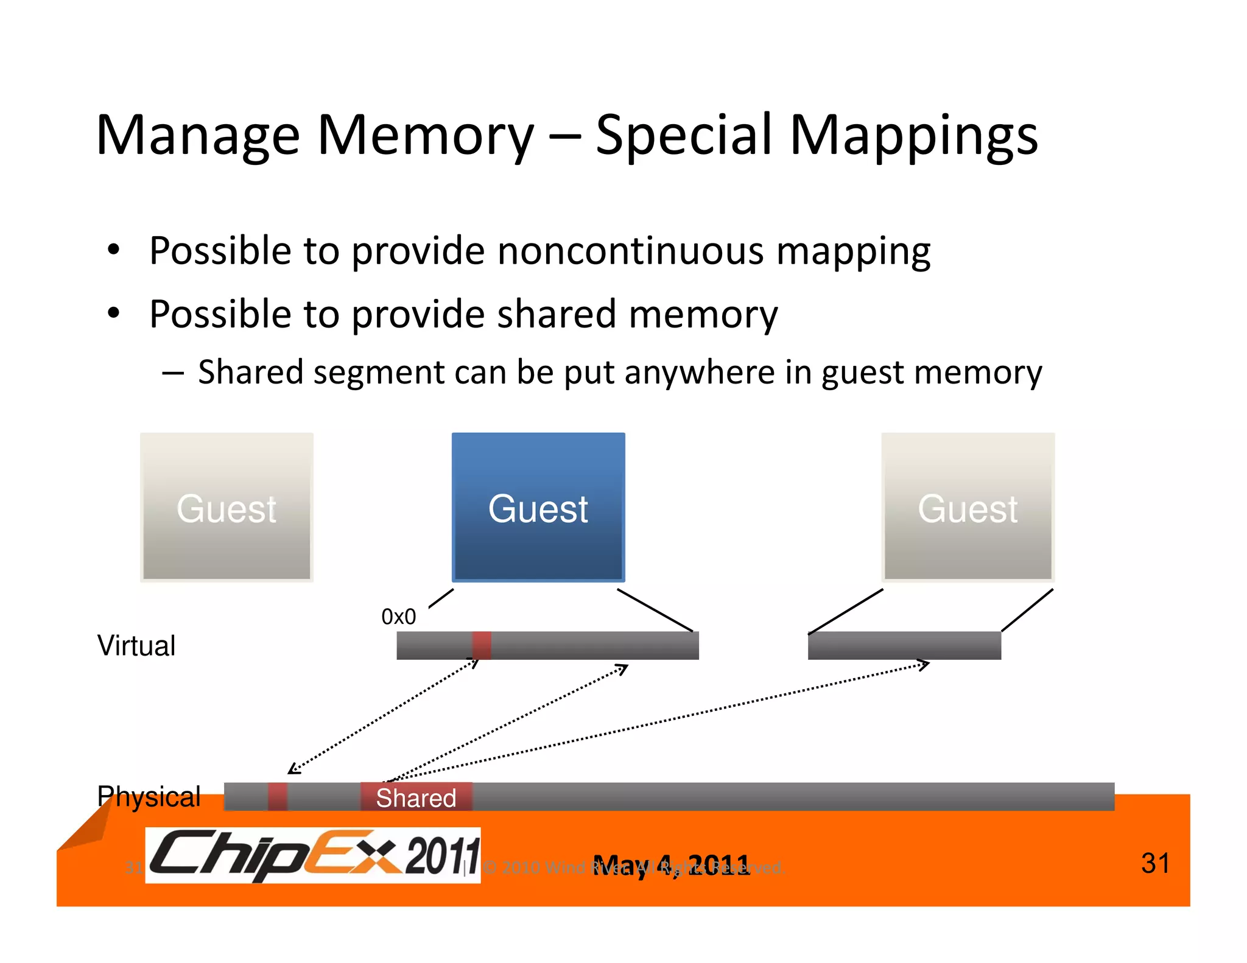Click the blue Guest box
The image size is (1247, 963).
tap(538, 508)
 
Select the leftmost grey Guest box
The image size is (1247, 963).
tap(227, 508)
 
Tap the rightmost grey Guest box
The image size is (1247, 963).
tap(968, 508)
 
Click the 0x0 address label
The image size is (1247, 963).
tap(398, 617)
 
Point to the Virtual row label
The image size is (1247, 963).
tap(136, 645)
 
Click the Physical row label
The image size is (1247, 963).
tap(149, 796)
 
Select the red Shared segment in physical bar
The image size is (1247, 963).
tap(416, 797)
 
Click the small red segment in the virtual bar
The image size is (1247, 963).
tap(482, 645)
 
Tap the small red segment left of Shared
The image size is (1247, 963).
tap(278, 797)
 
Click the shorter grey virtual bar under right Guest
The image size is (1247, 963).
tap(904, 645)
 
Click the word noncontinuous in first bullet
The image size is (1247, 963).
tap(630, 251)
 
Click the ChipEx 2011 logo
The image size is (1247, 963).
tap(313, 855)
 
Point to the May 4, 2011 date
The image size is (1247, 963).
tap(671, 865)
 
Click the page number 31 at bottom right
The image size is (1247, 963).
tap(1155, 863)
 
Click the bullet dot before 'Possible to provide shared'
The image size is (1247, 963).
tap(113, 314)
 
